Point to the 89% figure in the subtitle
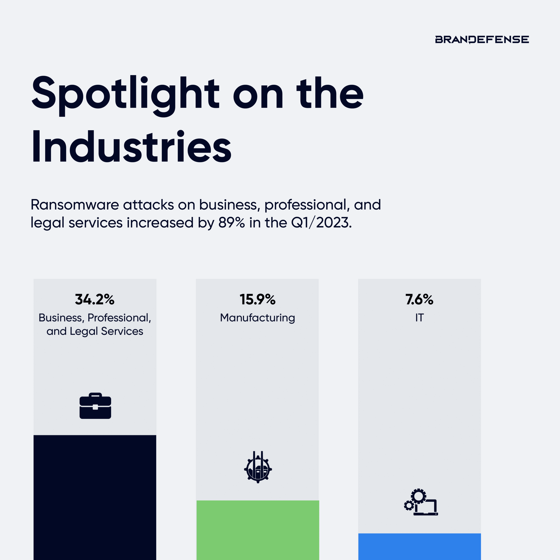(231, 223)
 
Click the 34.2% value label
(95, 299)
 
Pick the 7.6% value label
(419, 299)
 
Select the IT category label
(419, 318)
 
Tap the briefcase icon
(95, 406)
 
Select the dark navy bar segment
(95, 497)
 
